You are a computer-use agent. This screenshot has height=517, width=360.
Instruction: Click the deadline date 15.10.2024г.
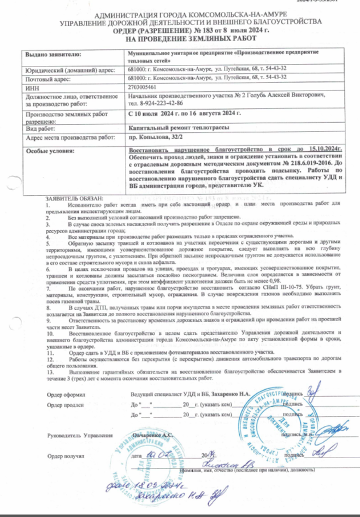pyautogui.click(x=312, y=148)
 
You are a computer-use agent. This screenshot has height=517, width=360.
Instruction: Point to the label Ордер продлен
pyautogui.click(x=66, y=405)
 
